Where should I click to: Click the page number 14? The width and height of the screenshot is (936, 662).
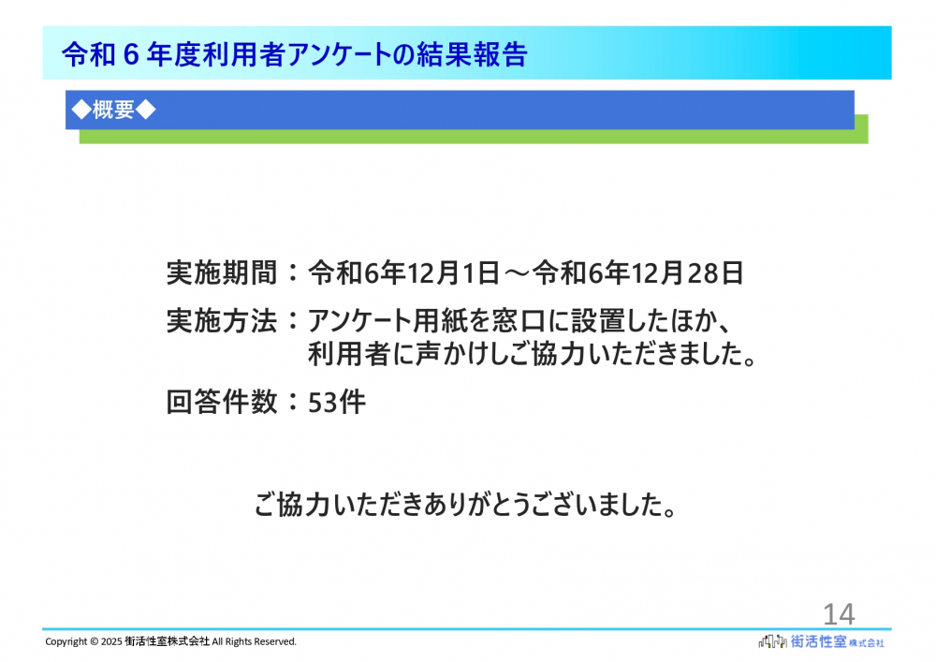[839, 614]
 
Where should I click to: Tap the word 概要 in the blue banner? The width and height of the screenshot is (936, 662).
[113, 110]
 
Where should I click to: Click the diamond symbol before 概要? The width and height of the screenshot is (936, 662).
[81, 110]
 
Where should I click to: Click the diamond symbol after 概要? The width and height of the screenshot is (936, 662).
[146, 110]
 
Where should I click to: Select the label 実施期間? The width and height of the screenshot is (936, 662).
[222, 273]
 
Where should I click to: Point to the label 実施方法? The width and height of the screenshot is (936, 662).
[222, 321]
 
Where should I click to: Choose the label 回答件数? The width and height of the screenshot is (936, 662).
[222, 402]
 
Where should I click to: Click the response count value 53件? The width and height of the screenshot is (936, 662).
[337, 403]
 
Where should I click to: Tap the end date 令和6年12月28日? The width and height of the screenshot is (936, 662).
[638, 273]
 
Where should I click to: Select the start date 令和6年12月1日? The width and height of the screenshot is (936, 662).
[404, 273]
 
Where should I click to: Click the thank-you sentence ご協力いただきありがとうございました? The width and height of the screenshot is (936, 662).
[465, 505]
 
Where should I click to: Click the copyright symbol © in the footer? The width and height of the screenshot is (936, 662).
[95, 641]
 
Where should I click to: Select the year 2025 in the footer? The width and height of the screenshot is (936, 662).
[111, 641]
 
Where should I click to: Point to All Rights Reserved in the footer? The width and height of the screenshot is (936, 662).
[255, 641]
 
